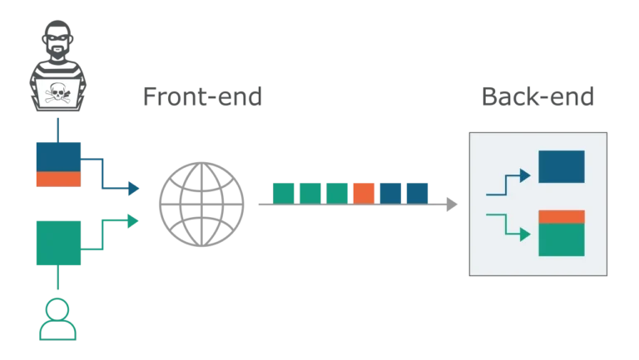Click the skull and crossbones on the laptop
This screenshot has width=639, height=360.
tap(57, 93)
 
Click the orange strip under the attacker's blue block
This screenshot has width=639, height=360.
tap(57, 180)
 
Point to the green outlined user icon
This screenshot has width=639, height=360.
tap(57, 319)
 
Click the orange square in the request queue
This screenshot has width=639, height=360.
tap(364, 193)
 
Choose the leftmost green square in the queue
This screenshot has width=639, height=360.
tap(283, 193)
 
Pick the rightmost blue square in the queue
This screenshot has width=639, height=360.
tap(417, 193)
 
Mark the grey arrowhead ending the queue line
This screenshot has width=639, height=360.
tap(453, 204)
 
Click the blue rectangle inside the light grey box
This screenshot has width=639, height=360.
tap(561, 165)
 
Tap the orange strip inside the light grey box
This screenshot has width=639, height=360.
tap(561, 218)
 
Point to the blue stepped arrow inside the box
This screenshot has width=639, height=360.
tap(508, 184)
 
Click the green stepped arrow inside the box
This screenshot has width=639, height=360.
tap(508, 226)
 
